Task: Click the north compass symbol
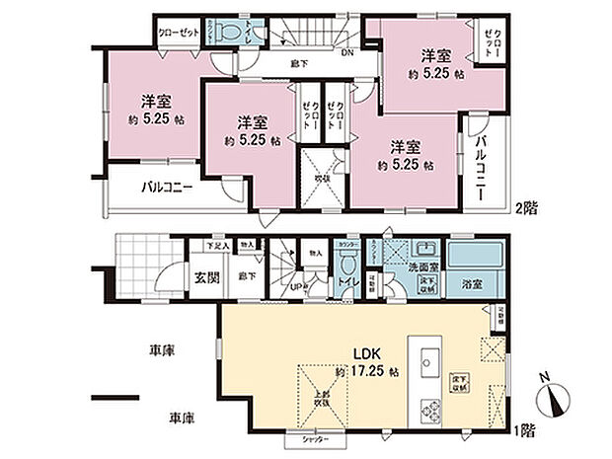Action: [554, 400]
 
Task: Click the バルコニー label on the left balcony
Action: [165, 187]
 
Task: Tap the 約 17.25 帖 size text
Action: [366, 372]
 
